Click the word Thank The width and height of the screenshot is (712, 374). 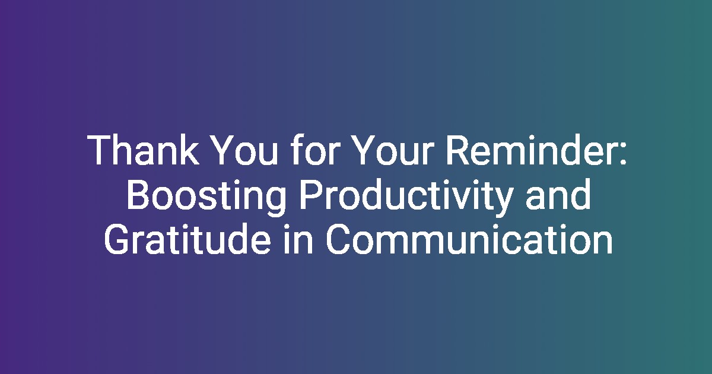[x=143, y=150]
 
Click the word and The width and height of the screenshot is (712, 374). [x=558, y=195]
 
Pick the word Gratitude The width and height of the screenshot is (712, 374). [x=187, y=239]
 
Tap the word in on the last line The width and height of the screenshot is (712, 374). [x=298, y=239]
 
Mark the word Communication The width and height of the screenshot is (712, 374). [x=469, y=239]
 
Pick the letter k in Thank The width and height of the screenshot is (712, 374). [x=189, y=150]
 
